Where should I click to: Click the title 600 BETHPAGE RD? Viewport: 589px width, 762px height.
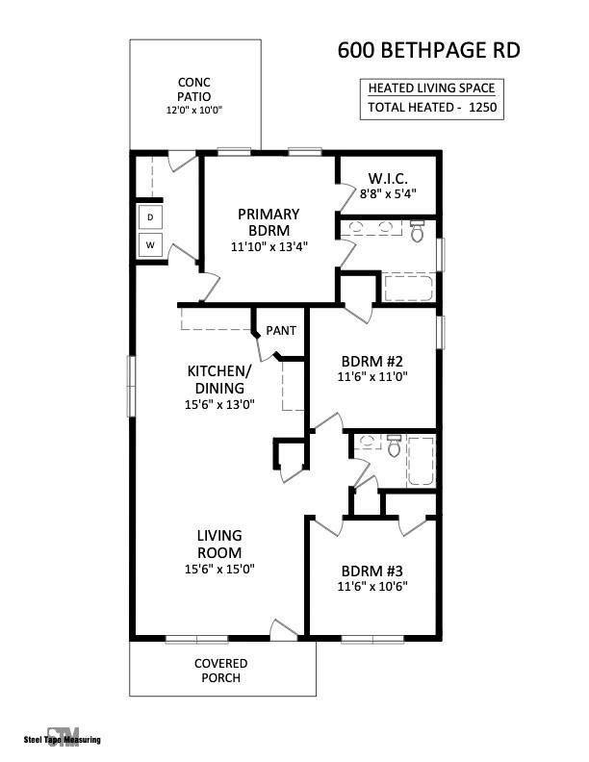point(428,50)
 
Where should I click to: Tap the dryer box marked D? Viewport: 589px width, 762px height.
point(150,218)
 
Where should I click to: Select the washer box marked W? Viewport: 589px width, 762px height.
point(150,245)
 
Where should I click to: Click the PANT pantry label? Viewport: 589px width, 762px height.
point(281,331)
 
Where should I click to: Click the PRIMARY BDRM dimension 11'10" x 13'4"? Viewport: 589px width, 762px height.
point(269,247)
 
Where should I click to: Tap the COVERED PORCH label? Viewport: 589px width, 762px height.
point(221,671)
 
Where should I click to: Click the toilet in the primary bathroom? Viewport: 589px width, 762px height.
point(417,231)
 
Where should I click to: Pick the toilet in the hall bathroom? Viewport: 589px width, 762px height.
point(394,446)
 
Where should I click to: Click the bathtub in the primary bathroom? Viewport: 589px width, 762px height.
point(408,288)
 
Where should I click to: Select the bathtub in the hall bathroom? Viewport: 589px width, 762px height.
point(421,461)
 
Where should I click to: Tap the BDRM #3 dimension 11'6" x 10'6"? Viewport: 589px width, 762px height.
point(372,586)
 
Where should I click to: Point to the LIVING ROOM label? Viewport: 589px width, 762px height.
point(219,544)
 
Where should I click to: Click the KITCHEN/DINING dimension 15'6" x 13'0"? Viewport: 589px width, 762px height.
point(219,405)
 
